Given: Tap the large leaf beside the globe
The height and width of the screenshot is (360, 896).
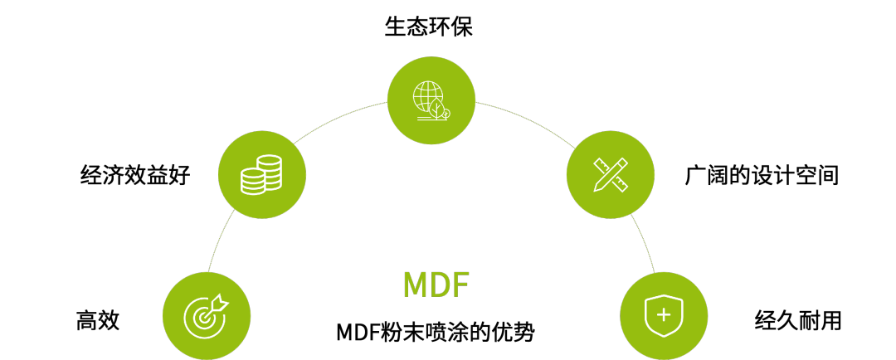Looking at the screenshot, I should [x=436, y=109].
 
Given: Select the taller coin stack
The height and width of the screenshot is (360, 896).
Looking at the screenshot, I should [x=270, y=170].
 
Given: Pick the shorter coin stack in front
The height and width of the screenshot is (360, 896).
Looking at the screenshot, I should [x=253, y=181].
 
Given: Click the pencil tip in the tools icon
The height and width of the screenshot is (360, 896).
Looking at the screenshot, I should [x=597, y=188].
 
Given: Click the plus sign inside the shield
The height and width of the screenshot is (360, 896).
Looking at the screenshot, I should [x=664, y=315].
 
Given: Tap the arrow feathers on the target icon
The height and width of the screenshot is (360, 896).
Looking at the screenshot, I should [x=220, y=303].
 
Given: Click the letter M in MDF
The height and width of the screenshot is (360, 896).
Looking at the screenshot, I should [x=414, y=286].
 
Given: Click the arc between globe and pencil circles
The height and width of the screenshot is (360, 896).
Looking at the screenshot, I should [x=523, y=117].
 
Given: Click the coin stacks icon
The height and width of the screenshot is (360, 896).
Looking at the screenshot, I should [x=261, y=174].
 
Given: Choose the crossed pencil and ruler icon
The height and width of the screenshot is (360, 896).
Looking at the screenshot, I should [x=611, y=174].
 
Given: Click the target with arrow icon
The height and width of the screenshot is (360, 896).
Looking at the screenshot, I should [x=206, y=316].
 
